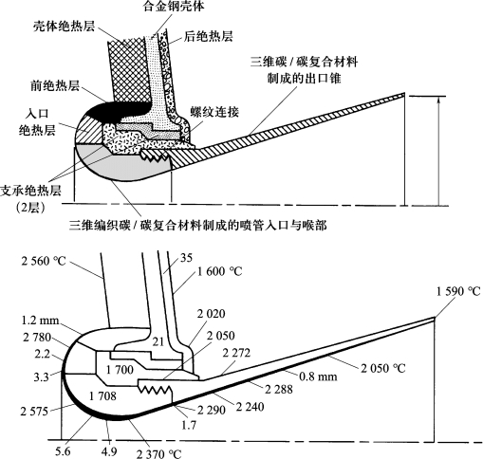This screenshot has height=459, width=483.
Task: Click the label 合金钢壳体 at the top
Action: tap(174, 6)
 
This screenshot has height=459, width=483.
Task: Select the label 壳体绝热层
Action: tap(65, 27)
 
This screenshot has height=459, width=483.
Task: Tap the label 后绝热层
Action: tap(209, 37)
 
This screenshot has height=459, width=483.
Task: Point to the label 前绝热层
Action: tap(55, 86)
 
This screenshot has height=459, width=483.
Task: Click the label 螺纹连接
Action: tap(214, 112)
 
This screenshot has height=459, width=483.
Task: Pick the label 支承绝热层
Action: tap(30, 191)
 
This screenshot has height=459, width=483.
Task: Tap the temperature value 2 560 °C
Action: tap(44, 261)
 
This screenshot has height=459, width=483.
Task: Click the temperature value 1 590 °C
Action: tap(458, 291)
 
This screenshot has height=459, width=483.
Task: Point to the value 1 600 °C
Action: tap(220, 271)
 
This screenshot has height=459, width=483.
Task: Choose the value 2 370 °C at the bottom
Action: tap(158, 454)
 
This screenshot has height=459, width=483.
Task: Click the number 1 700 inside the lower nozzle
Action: tap(120, 369)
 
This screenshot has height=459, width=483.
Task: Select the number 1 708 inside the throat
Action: tap(102, 395)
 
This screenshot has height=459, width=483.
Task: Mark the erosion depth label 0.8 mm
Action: tap(318, 376)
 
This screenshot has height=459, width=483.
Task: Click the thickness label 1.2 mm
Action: tap(40, 321)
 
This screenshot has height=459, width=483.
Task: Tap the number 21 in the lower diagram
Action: tap(158, 341)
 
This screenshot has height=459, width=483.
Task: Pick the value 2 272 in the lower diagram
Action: tap(236, 353)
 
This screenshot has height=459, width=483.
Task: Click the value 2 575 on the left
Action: tap(34, 412)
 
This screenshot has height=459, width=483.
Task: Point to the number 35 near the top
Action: tap(186, 258)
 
